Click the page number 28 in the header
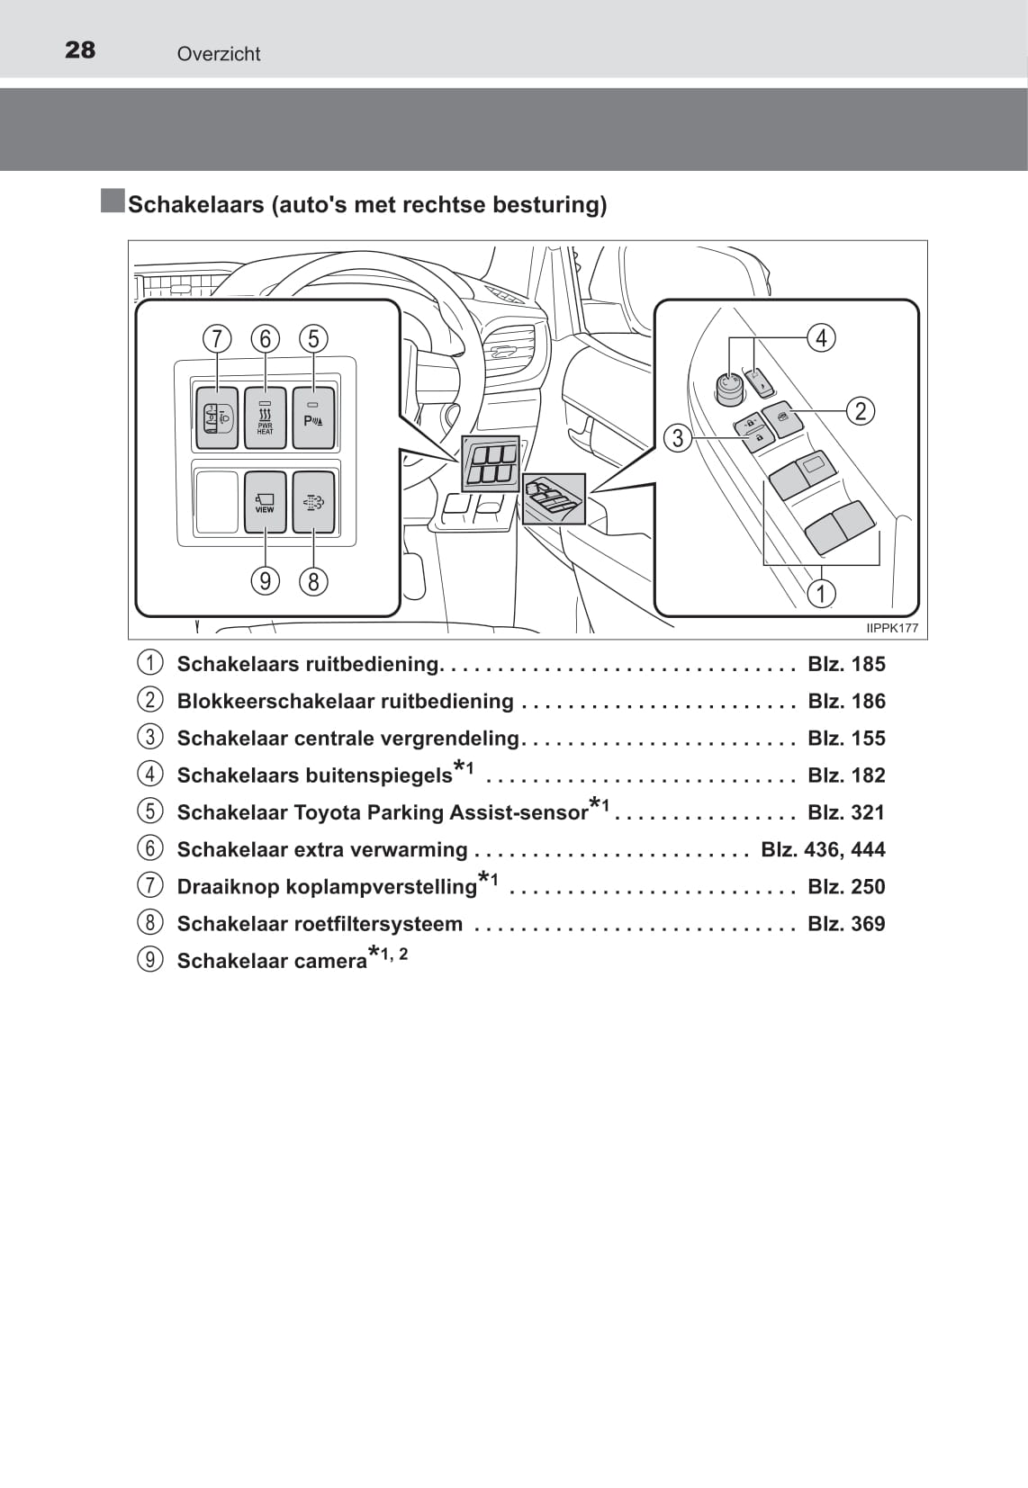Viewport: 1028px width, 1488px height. click(x=80, y=49)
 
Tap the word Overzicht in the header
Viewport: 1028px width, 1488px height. click(x=219, y=54)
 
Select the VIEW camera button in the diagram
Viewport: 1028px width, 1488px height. click(x=265, y=501)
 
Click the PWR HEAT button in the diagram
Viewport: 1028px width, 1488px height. click(x=265, y=417)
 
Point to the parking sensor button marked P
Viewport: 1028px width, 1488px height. click(x=313, y=417)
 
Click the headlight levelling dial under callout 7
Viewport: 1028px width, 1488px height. click(x=217, y=417)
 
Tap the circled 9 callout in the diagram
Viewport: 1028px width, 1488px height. click(x=265, y=580)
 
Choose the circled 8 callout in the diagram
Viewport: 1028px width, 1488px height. click(x=313, y=581)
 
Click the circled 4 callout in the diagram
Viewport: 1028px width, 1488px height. click(x=821, y=337)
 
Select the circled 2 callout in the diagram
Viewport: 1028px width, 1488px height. click(x=861, y=410)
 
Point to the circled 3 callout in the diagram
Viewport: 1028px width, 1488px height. click(x=678, y=438)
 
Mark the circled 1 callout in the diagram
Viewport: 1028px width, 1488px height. click(x=821, y=593)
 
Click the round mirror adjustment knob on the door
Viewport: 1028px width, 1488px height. click(x=729, y=388)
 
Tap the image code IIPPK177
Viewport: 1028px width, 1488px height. click(x=892, y=628)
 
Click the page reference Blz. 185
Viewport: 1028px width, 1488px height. click(x=846, y=664)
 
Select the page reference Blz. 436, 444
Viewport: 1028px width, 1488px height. click(x=823, y=849)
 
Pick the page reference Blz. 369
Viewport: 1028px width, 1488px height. click(x=846, y=923)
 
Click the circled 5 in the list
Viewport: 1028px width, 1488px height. click(x=150, y=811)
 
